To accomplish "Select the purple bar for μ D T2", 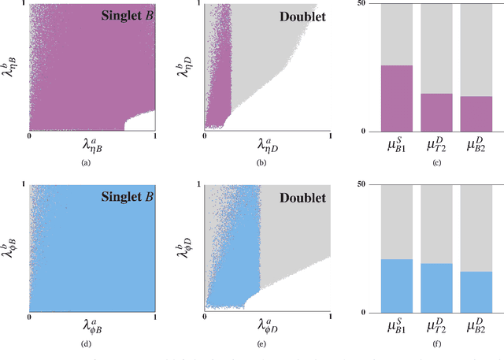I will click(x=436, y=112).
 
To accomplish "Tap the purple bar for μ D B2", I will click(x=475, y=113).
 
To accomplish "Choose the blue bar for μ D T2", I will click(x=436, y=288).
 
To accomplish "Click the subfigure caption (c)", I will click(x=436, y=161).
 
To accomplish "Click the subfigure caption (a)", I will click(x=92, y=161).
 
